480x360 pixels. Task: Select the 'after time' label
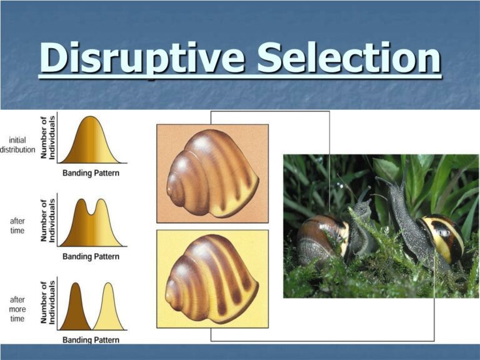17,225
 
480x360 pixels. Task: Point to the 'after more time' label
17,309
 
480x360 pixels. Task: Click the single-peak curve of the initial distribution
91,141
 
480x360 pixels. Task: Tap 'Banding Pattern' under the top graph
91,173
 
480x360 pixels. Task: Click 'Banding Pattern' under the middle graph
91,256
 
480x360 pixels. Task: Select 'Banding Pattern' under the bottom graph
91,341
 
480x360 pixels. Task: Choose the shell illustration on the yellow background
212,279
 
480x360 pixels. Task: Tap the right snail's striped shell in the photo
441,237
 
